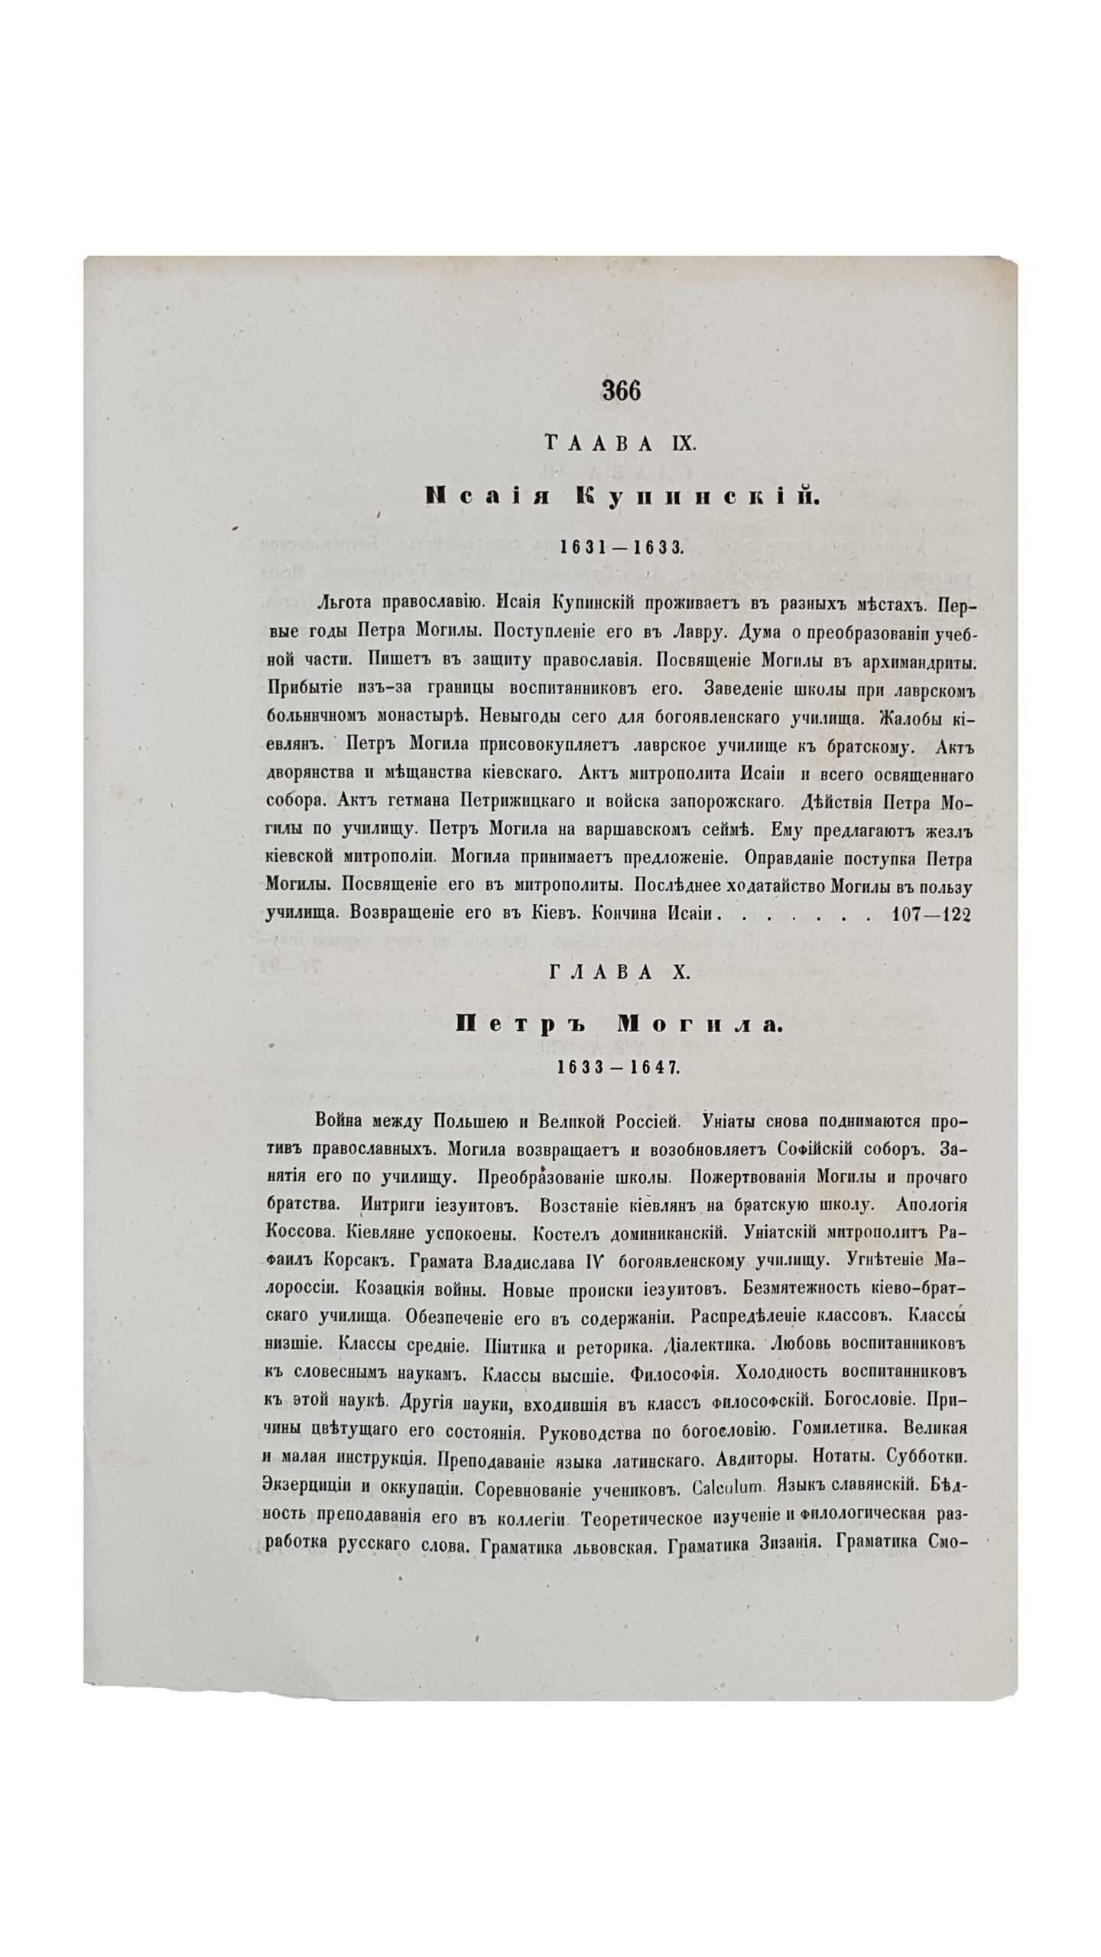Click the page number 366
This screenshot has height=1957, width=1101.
621,391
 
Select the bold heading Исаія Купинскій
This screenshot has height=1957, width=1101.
621,498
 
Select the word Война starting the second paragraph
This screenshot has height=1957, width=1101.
343,1121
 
